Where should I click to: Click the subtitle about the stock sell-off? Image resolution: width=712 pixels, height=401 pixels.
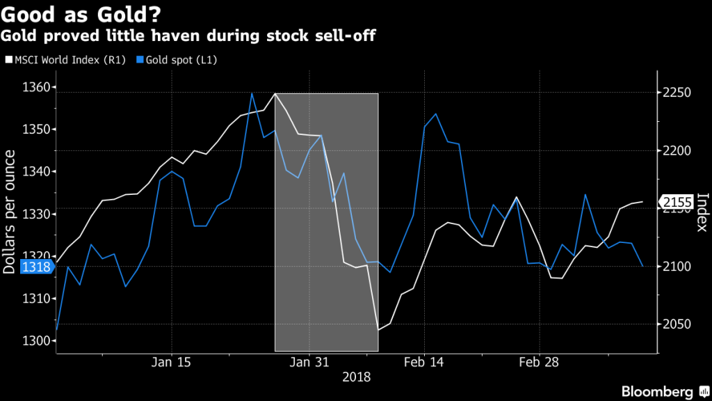(190, 35)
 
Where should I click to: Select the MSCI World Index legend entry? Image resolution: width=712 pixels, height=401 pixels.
(66, 60)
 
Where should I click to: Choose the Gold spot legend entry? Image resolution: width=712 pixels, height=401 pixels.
(177, 60)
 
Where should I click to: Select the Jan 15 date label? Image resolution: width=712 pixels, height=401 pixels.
(171, 362)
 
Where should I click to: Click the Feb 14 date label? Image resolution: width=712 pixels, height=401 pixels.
(423, 362)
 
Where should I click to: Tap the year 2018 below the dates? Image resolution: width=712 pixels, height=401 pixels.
(356, 377)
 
